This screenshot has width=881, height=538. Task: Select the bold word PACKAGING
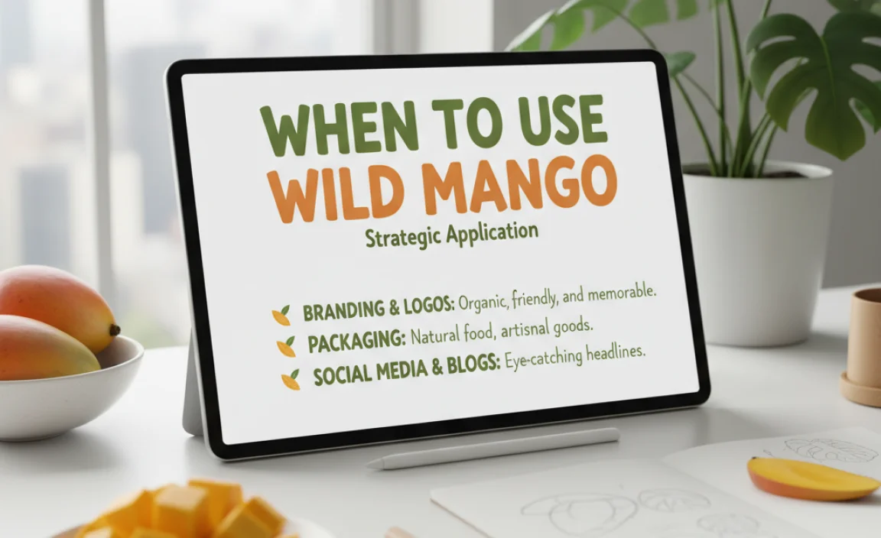[356, 342]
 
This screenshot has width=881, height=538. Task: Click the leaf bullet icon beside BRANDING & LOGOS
[281, 314]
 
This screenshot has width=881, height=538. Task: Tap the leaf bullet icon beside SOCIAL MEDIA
[291, 378]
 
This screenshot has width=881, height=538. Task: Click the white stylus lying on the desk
[493, 449]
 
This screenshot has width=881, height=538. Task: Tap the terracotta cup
[864, 344]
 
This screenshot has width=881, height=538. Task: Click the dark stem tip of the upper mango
[115, 330]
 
